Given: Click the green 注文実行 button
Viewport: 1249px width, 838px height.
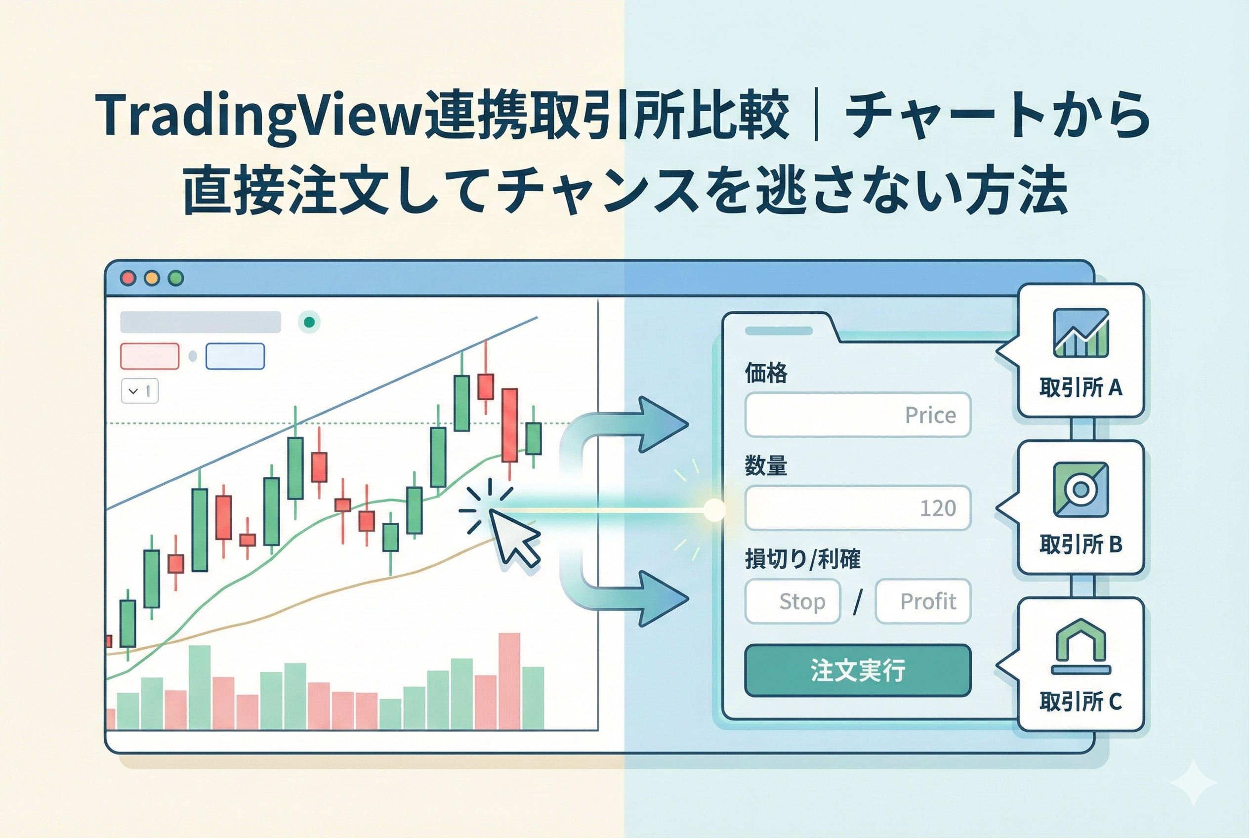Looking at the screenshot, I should click(x=857, y=670).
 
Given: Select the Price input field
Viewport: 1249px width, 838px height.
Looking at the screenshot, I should click(x=857, y=415).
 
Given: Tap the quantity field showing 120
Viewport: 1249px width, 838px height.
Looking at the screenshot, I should click(x=857, y=508).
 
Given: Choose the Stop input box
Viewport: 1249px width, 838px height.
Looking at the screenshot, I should click(x=792, y=601).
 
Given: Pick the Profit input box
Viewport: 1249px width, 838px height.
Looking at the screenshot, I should click(x=922, y=601).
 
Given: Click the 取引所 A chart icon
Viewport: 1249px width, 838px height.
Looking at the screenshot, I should click(x=1081, y=333).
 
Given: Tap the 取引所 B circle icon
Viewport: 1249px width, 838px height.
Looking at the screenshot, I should click(x=1081, y=490).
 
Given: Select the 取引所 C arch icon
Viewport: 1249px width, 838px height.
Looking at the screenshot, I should click(x=1081, y=646).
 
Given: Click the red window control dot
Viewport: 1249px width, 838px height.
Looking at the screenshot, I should click(x=128, y=278).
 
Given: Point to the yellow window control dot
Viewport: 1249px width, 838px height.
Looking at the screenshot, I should click(x=152, y=278).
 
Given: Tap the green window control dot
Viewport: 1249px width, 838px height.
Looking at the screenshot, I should click(x=176, y=278).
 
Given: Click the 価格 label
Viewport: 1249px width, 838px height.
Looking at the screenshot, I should click(x=766, y=373).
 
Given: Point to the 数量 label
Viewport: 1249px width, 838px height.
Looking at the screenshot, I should click(x=766, y=466).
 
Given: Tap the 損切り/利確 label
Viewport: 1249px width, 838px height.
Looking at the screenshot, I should click(x=802, y=559).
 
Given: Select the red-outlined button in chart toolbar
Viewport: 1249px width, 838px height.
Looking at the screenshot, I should click(x=150, y=356).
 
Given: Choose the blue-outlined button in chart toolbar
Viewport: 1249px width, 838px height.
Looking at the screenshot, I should click(x=235, y=356).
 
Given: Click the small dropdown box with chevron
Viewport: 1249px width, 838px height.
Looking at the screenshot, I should click(x=139, y=391).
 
